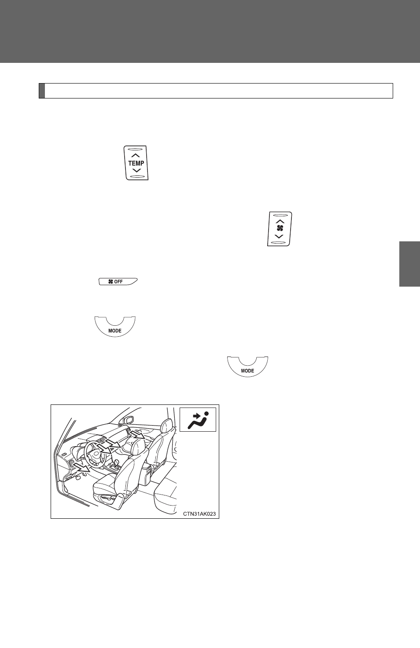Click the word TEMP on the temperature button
click(x=136, y=163)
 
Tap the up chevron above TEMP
click(x=136, y=155)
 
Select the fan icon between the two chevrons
click(x=280, y=228)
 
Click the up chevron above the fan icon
click(x=280, y=221)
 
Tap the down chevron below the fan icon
click(x=279, y=236)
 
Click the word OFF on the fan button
click(x=118, y=282)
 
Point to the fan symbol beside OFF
click(x=111, y=282)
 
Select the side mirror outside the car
click(x=128, y=420)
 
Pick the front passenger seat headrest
click(x=166, y=426)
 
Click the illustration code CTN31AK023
click(x=199, y=514)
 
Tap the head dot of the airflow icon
click(x=206, y=413)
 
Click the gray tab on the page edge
click(x=409, y=264)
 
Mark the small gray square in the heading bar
click(x=42, y=91)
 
